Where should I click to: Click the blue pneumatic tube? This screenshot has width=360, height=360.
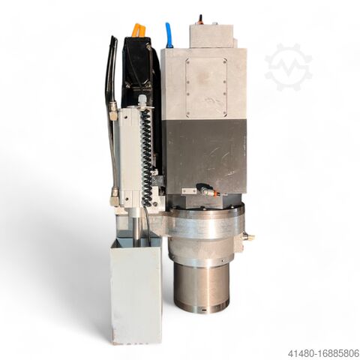(169, 34)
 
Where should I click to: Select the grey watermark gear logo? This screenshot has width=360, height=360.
(288, 67)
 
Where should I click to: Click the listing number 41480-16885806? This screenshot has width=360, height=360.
(323, 353)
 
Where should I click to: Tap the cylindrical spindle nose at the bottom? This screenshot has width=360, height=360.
(201, 286)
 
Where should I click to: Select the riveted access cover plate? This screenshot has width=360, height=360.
(206, 88)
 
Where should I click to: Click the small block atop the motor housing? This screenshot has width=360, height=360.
(212, 36)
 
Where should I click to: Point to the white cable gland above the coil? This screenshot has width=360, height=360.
(142, 100)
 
